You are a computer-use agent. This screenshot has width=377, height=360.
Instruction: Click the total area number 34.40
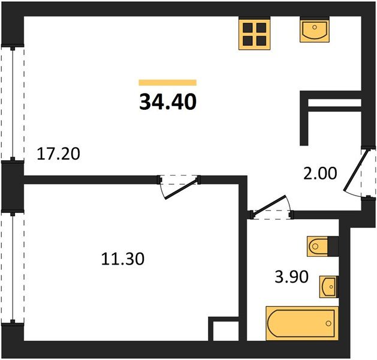pyautogui.click(x=168, y=102)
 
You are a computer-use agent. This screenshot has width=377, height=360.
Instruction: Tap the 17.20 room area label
pyautogui.click(x=58, y=154)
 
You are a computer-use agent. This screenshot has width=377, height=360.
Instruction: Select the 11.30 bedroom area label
pyautogui.click(x=123, y=259)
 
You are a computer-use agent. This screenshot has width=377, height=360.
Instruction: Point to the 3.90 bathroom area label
pyautogui.click(x=291, y=277)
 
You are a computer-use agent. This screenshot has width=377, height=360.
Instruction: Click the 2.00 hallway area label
pyautogui.click(x=320, y=174)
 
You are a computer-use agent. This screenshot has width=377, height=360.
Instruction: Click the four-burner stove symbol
pyautogui.click(x=254, y=34)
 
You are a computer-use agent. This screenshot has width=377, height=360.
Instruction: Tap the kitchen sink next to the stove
pyautogui.click(x=315, y=31)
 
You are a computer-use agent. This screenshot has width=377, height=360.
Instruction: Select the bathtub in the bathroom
pyautogui.click(x=302, y=323)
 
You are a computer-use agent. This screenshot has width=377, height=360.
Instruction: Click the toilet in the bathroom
pyautogui.click(x=318, y=246)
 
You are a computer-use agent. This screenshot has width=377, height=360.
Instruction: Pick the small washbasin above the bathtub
pyautogui.click(x=328, y=287)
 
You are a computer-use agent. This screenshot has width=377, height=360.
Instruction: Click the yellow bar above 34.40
pyautogui.click(x=168, y=83)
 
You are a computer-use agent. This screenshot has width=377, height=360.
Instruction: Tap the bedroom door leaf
pyautogui.click(x=182, y=189)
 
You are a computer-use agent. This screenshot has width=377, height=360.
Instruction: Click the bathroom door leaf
pyautogui.click(x=269, y=205)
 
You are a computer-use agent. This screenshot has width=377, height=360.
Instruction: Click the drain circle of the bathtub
pyautogui.click(x=328, y=323)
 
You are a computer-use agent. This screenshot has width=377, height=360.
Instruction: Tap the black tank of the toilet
pyautogui.click(x=333, y=246)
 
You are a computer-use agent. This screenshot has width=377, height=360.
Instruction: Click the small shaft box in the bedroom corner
pyautogui.click(x=224, y=329)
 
